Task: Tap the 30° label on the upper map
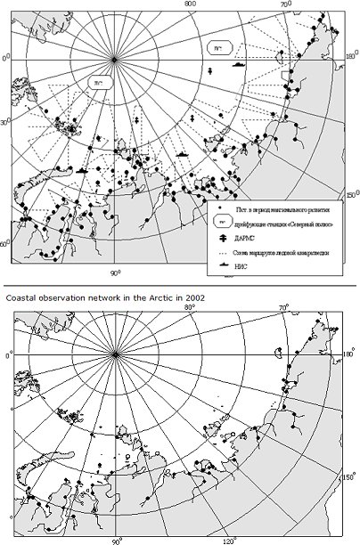click(x=4, y=122)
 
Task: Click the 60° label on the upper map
click(x=4, y=242)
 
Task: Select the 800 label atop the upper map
click(x=190, y=4)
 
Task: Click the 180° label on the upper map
click(x=350, y=56)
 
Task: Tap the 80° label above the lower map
click(x=189, y=307)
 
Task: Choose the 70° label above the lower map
click(x=283, y=308)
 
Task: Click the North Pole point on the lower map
click(x=116, y=354)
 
